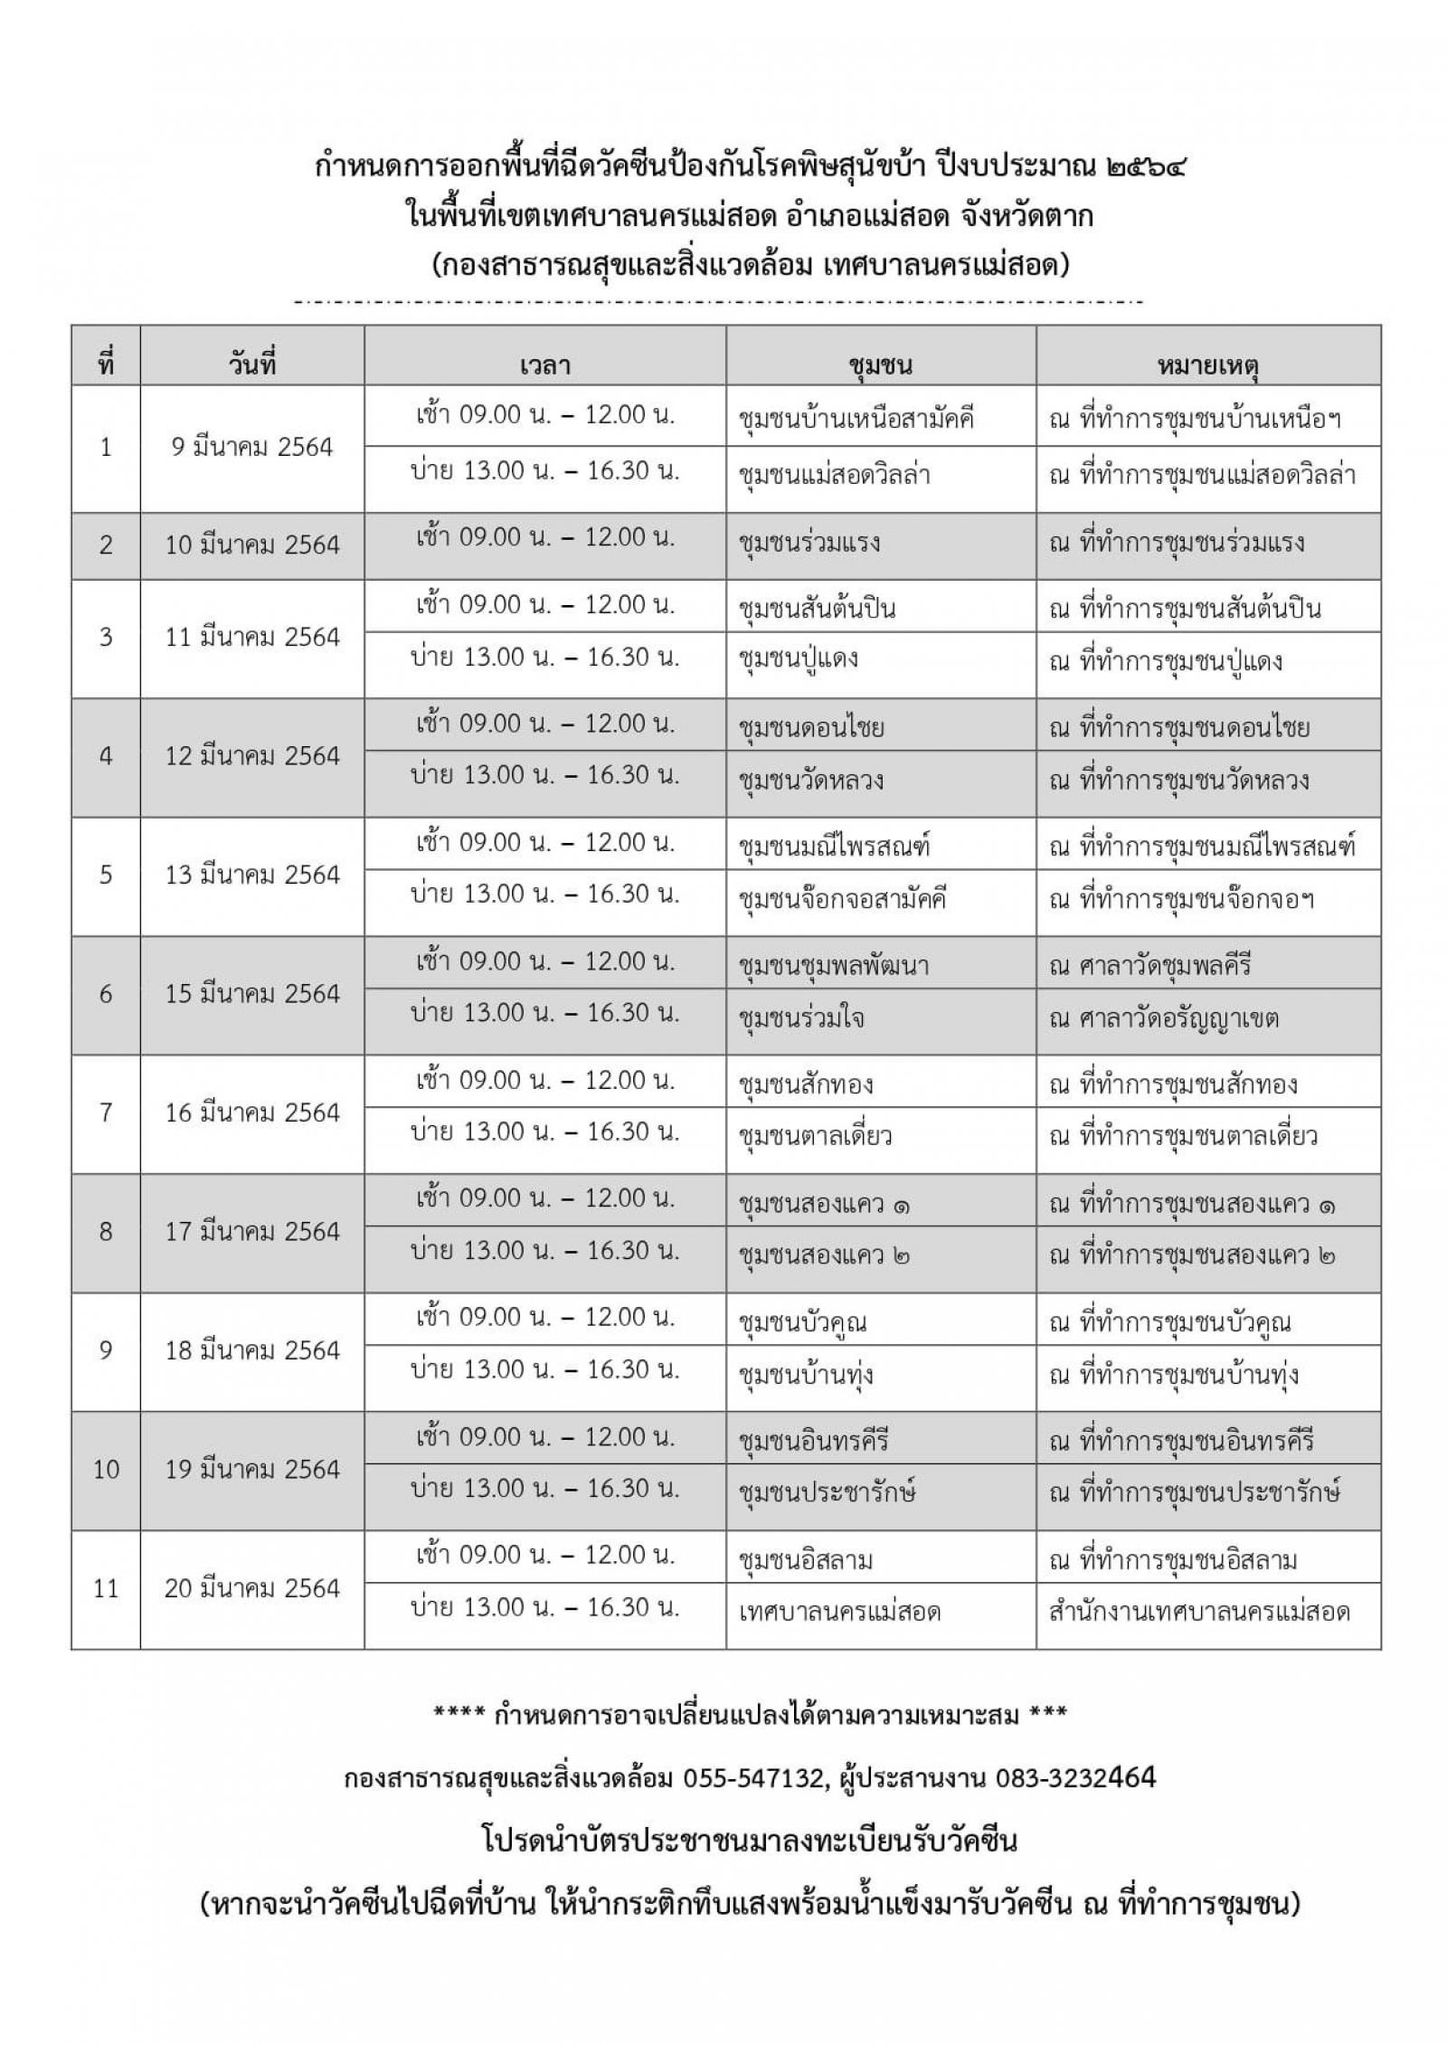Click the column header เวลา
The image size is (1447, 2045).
pos(544,365)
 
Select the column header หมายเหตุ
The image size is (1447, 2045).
pos(1208,365)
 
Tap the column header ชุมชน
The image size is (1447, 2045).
pos(880,365)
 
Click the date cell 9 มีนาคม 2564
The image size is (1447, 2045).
pos(252,447)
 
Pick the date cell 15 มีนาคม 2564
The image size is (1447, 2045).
pos(252,994)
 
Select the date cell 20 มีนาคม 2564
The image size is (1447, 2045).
pos(252,1588)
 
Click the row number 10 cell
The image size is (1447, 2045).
pos(106,1469)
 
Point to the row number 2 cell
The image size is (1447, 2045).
pos(106,544)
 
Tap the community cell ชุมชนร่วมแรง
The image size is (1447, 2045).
pos(809,544)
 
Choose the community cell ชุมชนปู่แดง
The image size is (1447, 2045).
pos(799,658)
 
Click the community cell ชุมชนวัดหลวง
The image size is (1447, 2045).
pos(811,780)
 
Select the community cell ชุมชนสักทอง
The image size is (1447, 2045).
pos(806,1084)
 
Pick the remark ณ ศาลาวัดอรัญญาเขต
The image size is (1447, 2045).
pos(1164,1018)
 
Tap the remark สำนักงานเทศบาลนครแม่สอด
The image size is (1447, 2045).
pos(1199,1612)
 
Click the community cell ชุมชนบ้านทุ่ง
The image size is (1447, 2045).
pos(806,1375)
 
